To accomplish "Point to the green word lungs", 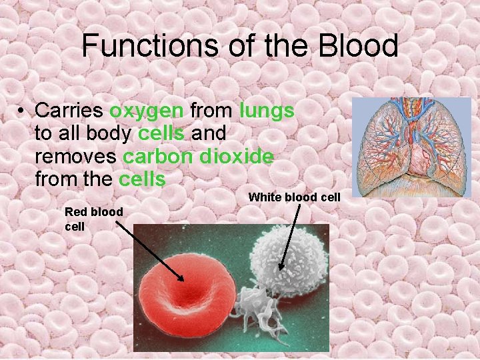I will tap(265, 111).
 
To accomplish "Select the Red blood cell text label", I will tap(93, 219).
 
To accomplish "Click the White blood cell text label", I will tap(294, 197).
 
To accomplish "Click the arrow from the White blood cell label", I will tap(290, 237).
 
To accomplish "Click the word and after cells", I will tap(209, 134).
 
